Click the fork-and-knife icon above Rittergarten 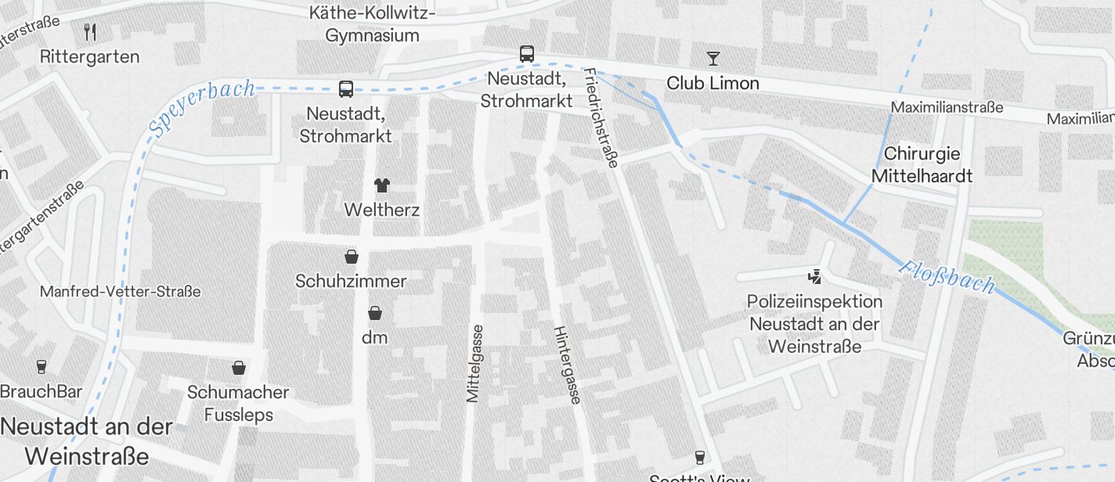click(x=90, y=32)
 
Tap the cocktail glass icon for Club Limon click(x=713, y=59)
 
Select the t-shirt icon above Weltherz click(x=381, y=185)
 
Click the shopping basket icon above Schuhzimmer click(x=351, y=257)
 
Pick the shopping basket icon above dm click(x=375, y=313)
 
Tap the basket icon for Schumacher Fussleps click(x=238, y=368)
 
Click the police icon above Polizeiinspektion click(x=815, y=276)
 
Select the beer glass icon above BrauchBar click(x=41, y=366)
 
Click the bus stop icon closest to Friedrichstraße click(x=527, y=54)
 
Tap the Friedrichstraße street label click(x=601, y=118)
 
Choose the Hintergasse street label click(x=568, y=365)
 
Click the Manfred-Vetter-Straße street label click(x=120, y=291)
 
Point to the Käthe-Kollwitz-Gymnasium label click(x=373, y=24)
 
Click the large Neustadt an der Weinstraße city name click(x=86, y=441)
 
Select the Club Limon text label click(x=713, y=83)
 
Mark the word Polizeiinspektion click(x=814, y=301)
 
